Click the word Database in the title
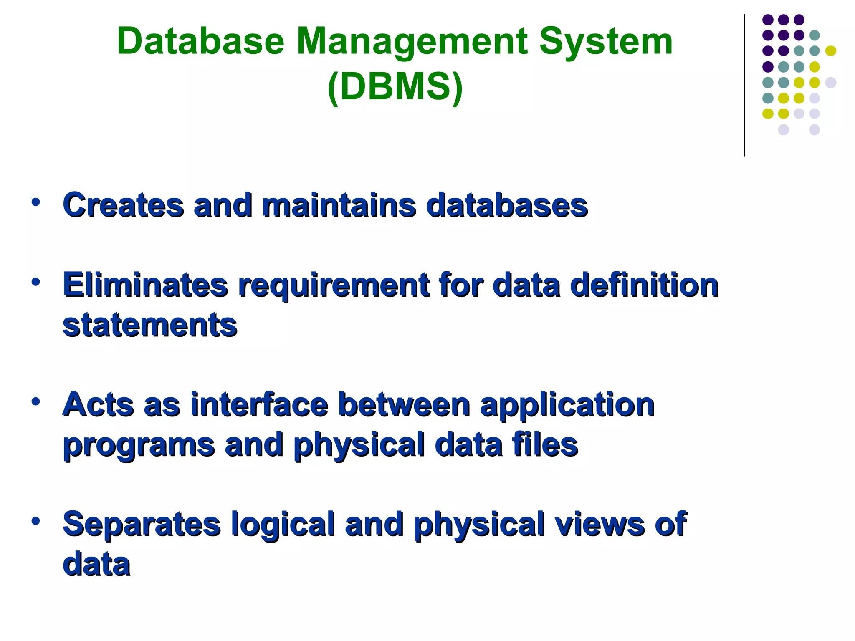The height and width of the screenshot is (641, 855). coord(200,41)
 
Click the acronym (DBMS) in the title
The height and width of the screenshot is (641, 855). coord(395,87)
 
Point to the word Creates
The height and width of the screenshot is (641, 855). coord(123,205)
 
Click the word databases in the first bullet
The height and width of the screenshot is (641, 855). coord(507,205)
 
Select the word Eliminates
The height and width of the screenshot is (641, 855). coord(145,285)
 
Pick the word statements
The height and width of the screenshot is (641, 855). coord(150,325)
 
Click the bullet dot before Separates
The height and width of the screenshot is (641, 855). coord(35,521)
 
